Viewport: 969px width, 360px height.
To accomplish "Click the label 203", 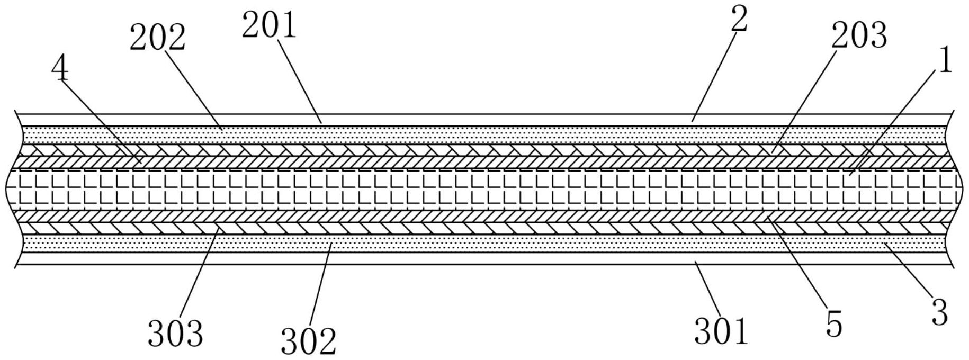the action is pyautogui.click(x=858, y=36).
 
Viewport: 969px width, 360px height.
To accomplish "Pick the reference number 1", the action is pyautogui.click(x=945, y=62).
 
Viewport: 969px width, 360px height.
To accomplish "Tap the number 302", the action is pyautogui.click(x=308, y=341).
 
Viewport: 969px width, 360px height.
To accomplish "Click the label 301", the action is pyautogui.click(x=721, y=331).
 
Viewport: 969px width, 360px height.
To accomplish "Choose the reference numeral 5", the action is pyautogui.click(x=833, y=324).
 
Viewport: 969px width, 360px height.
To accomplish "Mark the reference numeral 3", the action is pyautogui.click(x=939, y=312).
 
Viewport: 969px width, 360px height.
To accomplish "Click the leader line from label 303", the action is pyautogui.click(x=199, y=273).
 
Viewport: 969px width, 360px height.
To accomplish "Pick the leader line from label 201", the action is pyautogui.click(x=299, y=79).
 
